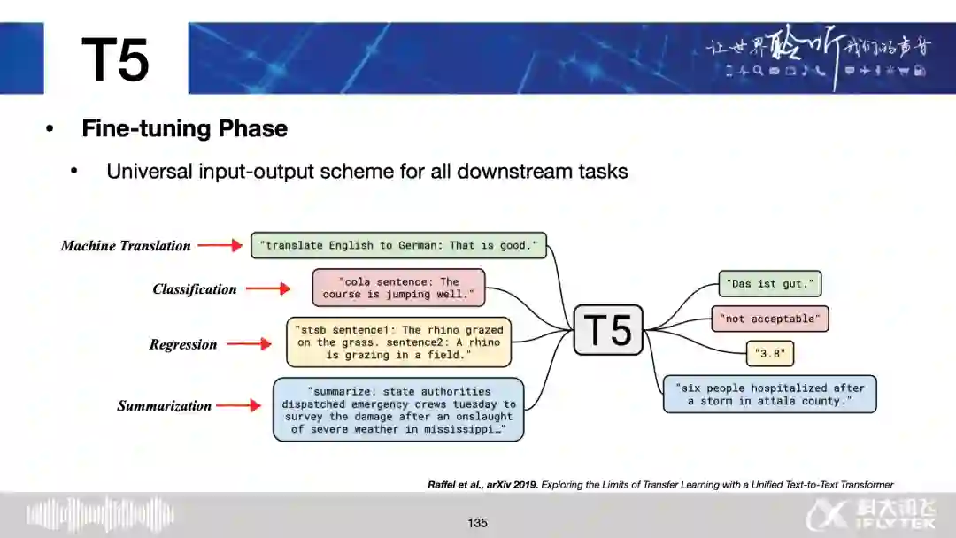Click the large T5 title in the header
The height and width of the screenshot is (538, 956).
116,60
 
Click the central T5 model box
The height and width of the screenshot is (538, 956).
608,330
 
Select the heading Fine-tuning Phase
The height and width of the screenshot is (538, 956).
184,128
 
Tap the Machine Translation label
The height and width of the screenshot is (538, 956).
126,246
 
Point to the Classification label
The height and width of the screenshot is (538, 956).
195,289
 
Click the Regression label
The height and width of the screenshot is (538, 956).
183,345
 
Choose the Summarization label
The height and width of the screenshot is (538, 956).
165,406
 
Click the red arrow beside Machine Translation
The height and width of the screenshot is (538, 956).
220,246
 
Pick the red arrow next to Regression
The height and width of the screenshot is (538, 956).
249,344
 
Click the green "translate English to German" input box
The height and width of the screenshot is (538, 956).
398,245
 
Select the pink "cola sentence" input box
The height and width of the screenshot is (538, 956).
398,288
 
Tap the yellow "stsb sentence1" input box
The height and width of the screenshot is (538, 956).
399,342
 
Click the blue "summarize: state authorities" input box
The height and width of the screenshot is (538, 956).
398,410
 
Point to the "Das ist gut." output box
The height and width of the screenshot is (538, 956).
770,284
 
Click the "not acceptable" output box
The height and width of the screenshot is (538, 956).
770,319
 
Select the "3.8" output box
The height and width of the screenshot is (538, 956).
770,354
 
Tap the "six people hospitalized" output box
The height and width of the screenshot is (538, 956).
769,394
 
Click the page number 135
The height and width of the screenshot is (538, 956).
478,523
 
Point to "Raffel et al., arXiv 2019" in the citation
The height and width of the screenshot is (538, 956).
482,484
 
